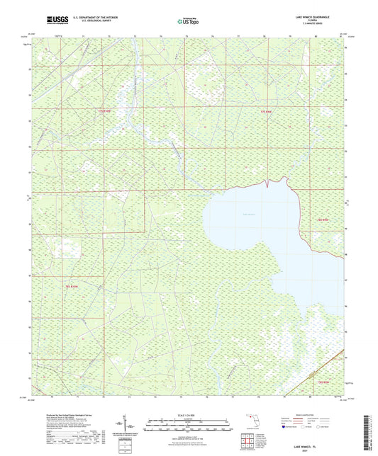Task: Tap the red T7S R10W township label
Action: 106,110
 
